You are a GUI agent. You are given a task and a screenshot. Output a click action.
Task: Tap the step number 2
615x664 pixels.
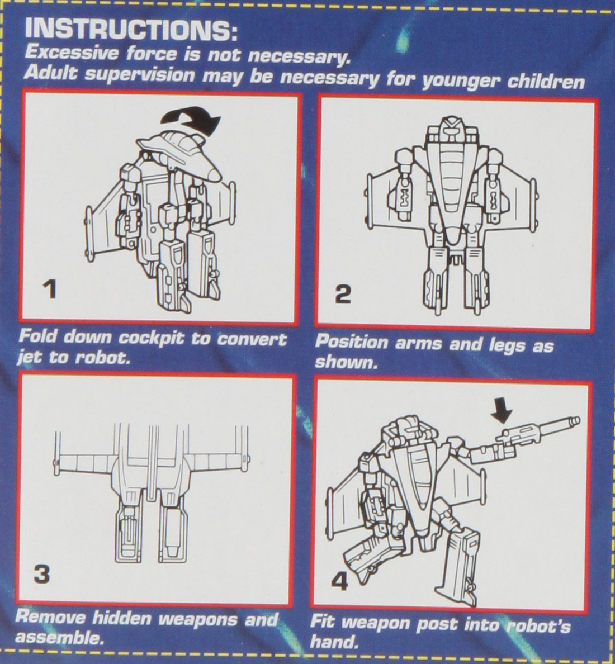(x=343, y=294)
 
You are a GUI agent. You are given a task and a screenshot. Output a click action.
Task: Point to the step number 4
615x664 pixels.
(x=339, y=582)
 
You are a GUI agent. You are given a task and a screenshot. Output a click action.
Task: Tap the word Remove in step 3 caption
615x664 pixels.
(x=49, y=618)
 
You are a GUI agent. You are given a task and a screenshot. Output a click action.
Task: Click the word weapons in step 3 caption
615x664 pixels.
(x=192, y=619)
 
